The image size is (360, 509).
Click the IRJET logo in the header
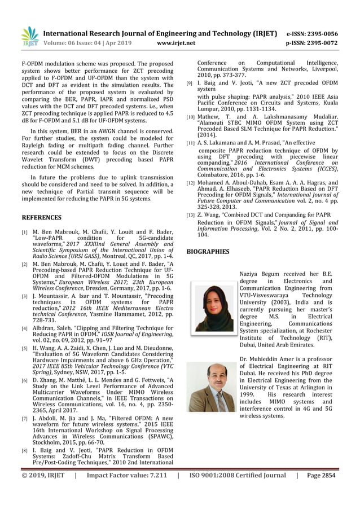click(x=30, y=37)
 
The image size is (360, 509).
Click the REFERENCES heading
click(x=41, y=217)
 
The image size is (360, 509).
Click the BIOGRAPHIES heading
click(x=208, y=251)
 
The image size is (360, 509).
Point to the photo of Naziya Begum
click(x=214, y=305)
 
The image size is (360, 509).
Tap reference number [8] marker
click(x=24, y=451)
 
